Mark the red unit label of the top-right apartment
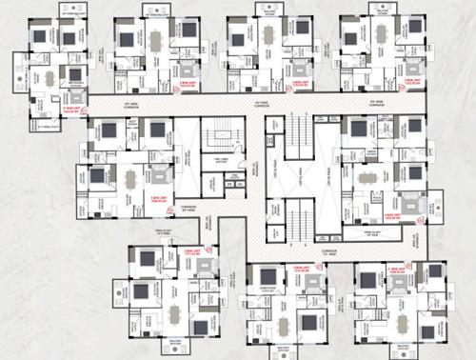tap(413, 81)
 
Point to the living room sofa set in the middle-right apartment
tap(410, 203)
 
